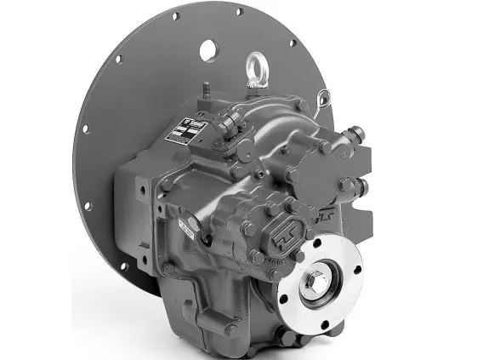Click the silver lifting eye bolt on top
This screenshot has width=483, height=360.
pyautogui.click(x=254, y=66)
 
